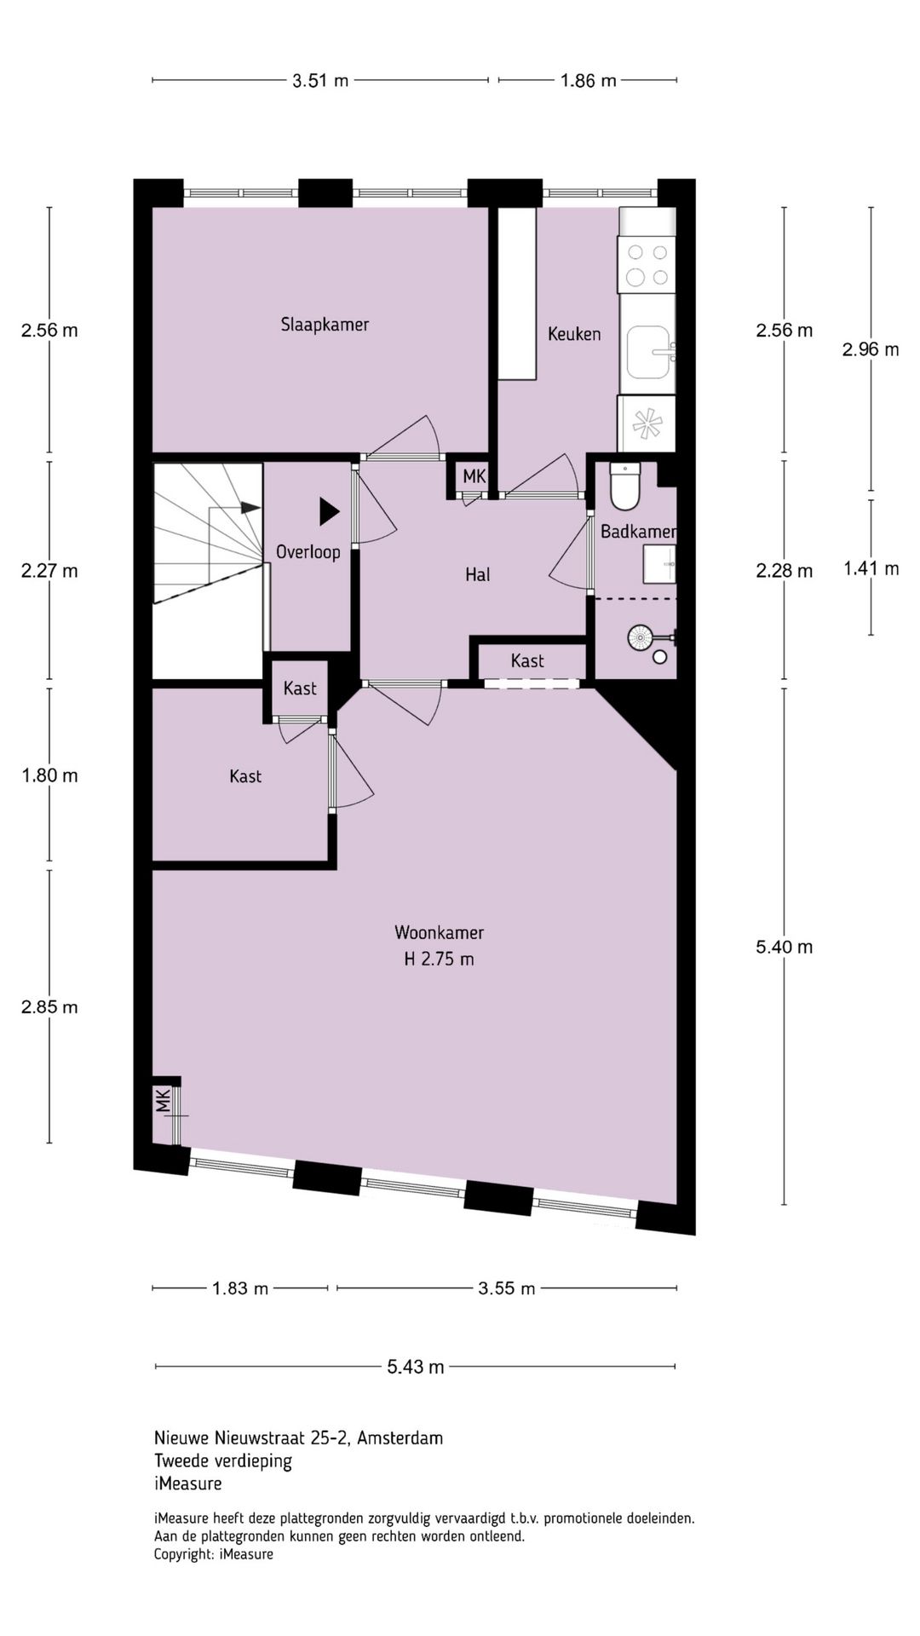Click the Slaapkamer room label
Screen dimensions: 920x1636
325,325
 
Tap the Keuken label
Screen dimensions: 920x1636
574,334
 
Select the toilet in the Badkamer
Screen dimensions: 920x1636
624,484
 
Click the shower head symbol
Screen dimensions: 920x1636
640,636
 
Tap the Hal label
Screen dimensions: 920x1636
477,575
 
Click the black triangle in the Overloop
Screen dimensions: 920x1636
330,511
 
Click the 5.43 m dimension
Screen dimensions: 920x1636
416,1367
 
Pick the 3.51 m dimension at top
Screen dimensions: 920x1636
320,81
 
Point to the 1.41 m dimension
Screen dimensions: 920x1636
871,568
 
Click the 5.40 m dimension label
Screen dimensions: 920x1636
785,947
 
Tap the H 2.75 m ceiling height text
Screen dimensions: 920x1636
439,959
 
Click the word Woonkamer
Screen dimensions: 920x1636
439,932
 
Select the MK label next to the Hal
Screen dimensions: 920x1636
474,476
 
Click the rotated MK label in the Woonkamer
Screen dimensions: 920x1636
163,1100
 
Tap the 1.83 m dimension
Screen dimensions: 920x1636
240,1288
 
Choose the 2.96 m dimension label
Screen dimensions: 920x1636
871,349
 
